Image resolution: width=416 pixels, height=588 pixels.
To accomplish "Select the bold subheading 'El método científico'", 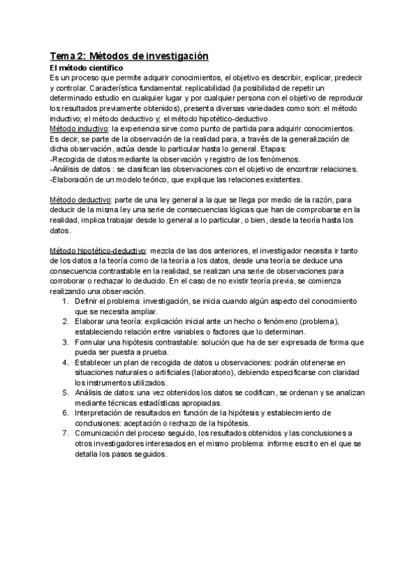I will tap(86, 69).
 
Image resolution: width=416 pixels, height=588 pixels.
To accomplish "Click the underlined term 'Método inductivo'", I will tap(80, 129).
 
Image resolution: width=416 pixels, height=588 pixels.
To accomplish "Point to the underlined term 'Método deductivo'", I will tap(81, 200).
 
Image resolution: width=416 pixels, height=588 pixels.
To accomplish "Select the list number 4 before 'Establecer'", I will tap(65, 362).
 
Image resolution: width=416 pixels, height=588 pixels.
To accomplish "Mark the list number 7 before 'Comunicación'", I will tap(65, 434).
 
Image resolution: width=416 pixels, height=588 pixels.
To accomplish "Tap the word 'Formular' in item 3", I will tap(91, 342).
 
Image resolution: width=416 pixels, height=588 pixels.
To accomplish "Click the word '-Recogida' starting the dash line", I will tap(68, 159).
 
